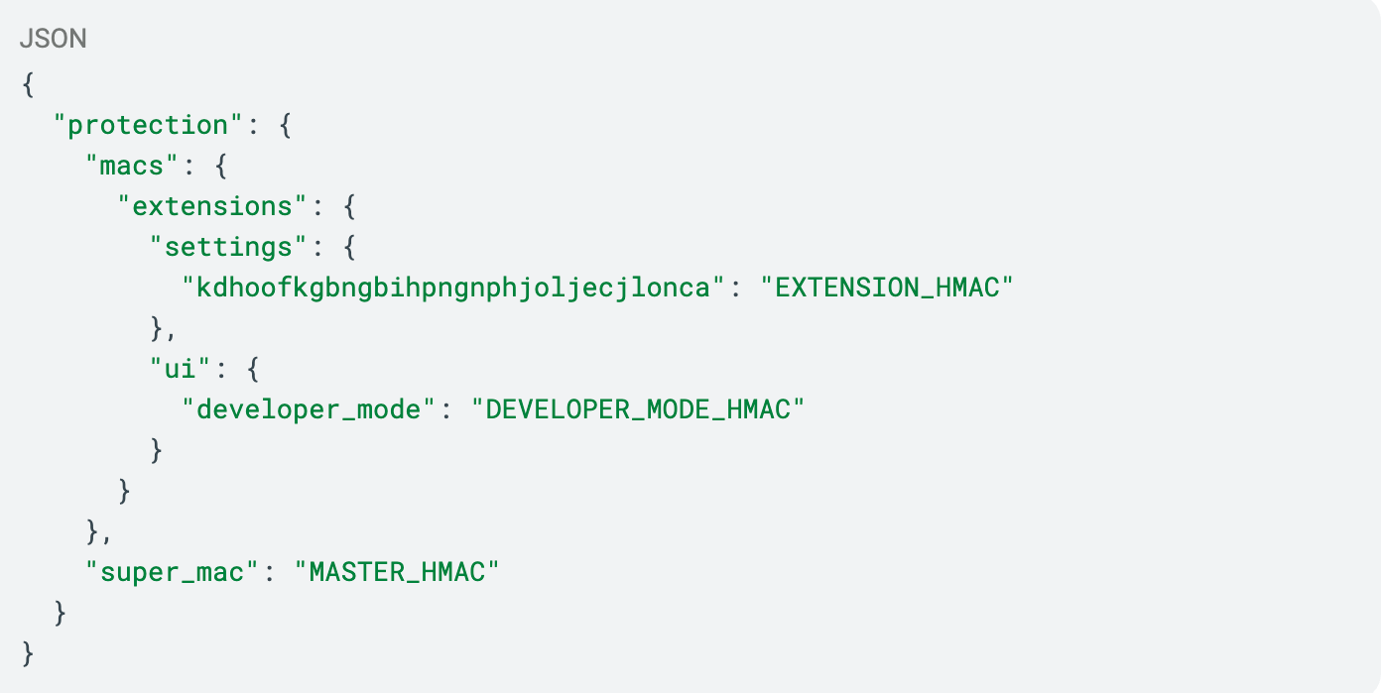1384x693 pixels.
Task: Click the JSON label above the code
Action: click(54, 39)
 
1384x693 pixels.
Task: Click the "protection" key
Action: click(148, 125)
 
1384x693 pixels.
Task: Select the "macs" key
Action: click(132, 166)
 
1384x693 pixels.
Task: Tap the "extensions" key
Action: click(212, 206)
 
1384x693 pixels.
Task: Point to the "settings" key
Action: click(228, 247)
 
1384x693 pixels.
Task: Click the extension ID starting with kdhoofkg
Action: click(453, 288)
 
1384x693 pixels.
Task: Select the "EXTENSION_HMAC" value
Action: click(887, 288)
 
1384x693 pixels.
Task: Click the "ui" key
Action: click(180, 369)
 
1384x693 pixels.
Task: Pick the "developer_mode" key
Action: click(309, 409)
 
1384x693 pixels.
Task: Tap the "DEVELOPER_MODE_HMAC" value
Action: click(638, 409)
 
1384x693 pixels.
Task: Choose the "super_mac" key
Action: click(172, 572)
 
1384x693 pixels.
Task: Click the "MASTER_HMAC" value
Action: click(397, 572)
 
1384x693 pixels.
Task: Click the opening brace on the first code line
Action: click(28, 84)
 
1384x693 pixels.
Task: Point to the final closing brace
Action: click(28, 653)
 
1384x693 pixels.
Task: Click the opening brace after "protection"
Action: click(285, 125)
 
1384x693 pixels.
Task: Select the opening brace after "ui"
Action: click(253, 369)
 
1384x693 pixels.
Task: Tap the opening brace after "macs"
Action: click(220, 166)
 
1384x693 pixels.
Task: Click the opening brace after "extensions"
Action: click(349, 206)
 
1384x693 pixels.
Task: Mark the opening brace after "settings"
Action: click(349, 247)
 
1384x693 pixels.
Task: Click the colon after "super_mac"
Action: click(269, 574)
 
